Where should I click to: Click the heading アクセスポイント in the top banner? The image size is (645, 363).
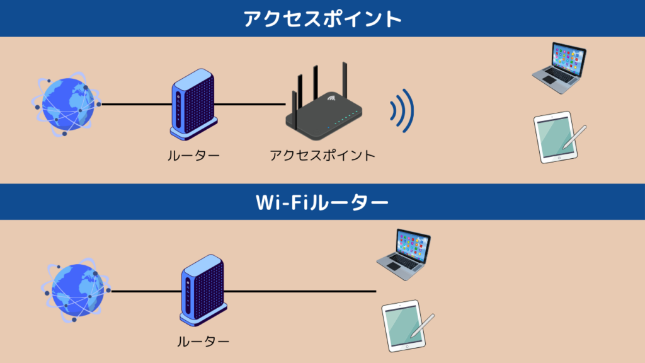click(322, 18)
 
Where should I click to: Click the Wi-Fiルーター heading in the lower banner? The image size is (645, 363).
click(322, 202)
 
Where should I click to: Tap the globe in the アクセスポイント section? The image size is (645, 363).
click(66, 105)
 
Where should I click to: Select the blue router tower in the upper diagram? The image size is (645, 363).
click(193, 104)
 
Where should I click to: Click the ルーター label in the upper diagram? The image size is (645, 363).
click(193, 154)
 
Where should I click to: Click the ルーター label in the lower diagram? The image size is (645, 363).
click(203, 342)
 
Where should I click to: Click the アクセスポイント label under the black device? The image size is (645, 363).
click(322, 154)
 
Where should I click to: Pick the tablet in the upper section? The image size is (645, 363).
click(556, 138)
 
